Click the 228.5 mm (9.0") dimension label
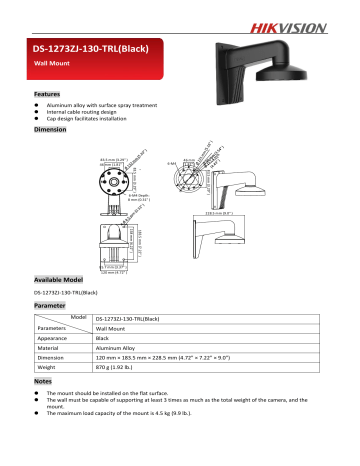point(248,211)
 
